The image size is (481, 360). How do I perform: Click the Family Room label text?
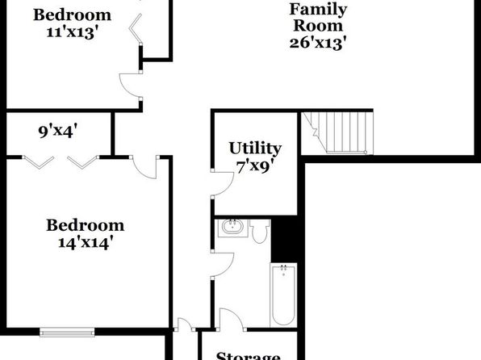click(318, 17)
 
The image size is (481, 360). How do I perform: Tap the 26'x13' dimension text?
click(318, 43)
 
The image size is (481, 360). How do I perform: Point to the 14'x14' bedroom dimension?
click(84, 243)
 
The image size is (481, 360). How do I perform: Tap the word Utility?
click(255, 149)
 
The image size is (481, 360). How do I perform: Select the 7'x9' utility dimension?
click(255, 167)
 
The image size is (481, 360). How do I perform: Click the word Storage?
click(248, 356)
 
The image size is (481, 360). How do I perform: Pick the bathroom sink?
click(232, 228)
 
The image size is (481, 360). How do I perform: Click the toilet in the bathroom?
click(260, 231)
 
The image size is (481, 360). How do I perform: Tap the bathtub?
click(283, 295)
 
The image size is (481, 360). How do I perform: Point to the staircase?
click(337, 132)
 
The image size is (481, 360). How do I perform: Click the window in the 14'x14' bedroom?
click(67, 332)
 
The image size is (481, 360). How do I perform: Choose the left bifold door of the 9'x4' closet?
click(39, 162)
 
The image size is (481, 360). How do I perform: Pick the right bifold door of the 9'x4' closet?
click(83, 162)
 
